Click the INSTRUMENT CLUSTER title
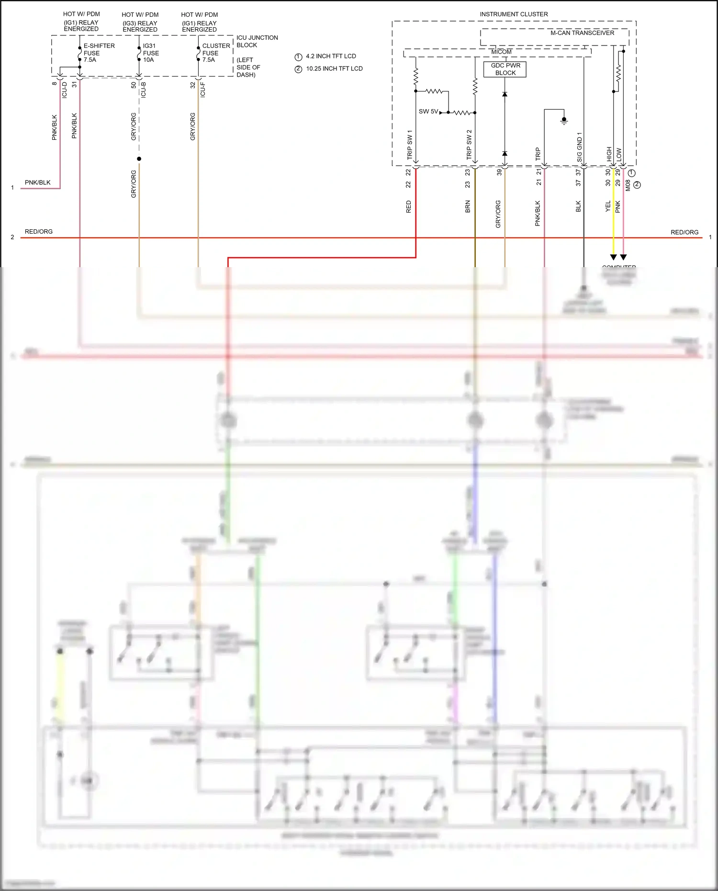click(x=514, y=14)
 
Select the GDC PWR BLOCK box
click(x=505, y=69)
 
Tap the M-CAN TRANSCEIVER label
click(x=582, y=33)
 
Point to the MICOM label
click(x=501, y=52)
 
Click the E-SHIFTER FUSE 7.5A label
click(x=99, y=53)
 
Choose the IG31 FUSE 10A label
click(x=151, y=53)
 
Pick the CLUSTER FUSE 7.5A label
click(x=216, y=53)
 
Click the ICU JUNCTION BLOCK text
click(x=257, y=41)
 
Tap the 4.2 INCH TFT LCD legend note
click(x=331, y=56)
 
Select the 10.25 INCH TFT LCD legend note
click(x=334, y=68)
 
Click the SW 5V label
click(x=428, y=112)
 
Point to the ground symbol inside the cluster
click(x=564, y=121)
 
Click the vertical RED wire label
click(x=408, y=207)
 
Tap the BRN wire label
click(x=468, y=206)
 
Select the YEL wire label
click(x=608, y=206)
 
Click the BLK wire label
click(x=578, y=206)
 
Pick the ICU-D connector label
click(x=65, y=90)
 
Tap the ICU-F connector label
click(x=203, y=90)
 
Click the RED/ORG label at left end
click(x=39, y=232)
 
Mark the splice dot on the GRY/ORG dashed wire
click(x=139, y=158)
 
